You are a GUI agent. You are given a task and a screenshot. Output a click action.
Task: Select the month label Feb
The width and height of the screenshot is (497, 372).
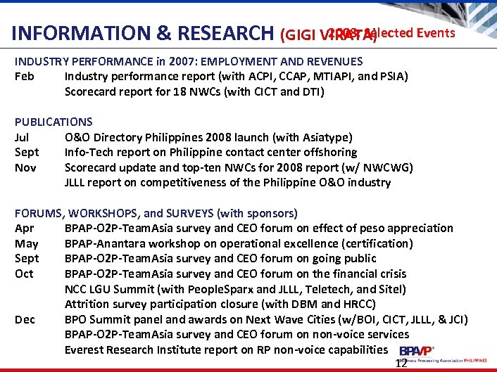[24, 76]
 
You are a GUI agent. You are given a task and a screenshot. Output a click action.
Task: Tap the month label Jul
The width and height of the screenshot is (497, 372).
[22, 137]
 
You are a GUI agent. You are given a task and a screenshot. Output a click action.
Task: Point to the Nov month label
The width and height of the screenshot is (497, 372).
[25, 167]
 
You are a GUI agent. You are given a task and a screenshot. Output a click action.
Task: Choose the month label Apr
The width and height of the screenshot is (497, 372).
[24, 228]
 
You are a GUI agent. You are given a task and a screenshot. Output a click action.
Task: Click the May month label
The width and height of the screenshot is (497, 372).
[26, 243]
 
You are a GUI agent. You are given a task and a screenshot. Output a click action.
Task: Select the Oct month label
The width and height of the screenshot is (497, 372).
[24, 274]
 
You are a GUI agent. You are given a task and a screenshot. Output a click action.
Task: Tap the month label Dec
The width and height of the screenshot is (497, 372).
[25, 319]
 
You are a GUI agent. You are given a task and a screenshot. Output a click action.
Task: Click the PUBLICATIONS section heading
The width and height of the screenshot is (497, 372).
[54, 122]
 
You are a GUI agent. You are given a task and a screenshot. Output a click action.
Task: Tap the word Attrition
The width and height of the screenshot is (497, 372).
[87, 304]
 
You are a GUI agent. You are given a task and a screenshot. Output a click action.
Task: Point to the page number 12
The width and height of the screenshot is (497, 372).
[401, 364]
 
